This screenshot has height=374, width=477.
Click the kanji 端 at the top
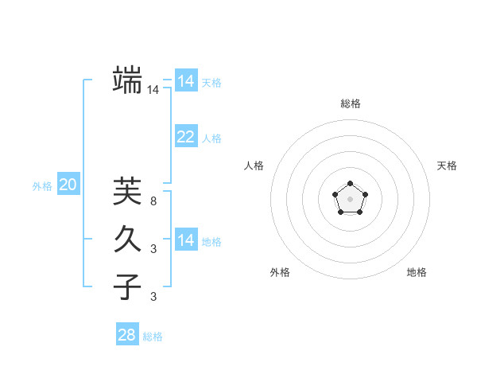point(127,80)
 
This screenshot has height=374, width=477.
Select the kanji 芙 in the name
point(127,191)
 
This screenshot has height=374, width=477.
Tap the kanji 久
point(127,238)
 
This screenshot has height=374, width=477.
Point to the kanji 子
point(127,286)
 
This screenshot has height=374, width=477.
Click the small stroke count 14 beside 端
point(153,90)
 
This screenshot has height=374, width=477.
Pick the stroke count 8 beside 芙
point(153,201)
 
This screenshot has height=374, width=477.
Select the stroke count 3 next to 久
point(153,249)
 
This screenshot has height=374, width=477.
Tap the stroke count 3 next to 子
point(153,297)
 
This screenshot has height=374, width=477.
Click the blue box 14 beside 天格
point(185,81)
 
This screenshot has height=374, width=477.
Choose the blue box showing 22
point(185,137)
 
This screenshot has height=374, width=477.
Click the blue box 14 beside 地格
point(185,240)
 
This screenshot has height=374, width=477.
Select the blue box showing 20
point(68,185)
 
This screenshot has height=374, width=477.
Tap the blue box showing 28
point(126,335)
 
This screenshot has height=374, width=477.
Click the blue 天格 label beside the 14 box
point(211,83)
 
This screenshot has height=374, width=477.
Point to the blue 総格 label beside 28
point(153,337)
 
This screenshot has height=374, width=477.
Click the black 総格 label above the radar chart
point(351,103)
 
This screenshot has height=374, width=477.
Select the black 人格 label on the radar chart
point(254,166)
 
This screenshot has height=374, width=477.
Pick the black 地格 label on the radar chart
point(417,272)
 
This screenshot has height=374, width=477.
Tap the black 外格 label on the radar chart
point(280,272)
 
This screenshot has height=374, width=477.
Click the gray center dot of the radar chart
point(350,197)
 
